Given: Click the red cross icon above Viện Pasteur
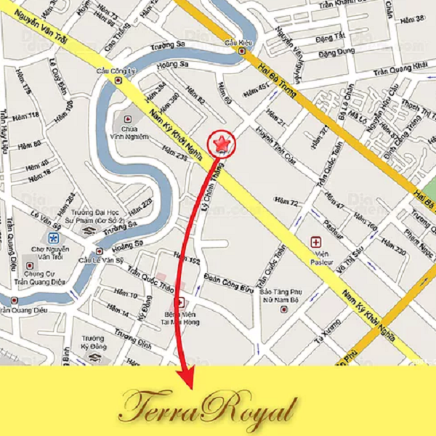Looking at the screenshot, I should pos(316,241).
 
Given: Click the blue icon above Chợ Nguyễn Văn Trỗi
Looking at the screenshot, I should pos(53,238).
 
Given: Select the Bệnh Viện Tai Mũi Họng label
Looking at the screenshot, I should pos(179,315).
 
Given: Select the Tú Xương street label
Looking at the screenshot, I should pos(326,334).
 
